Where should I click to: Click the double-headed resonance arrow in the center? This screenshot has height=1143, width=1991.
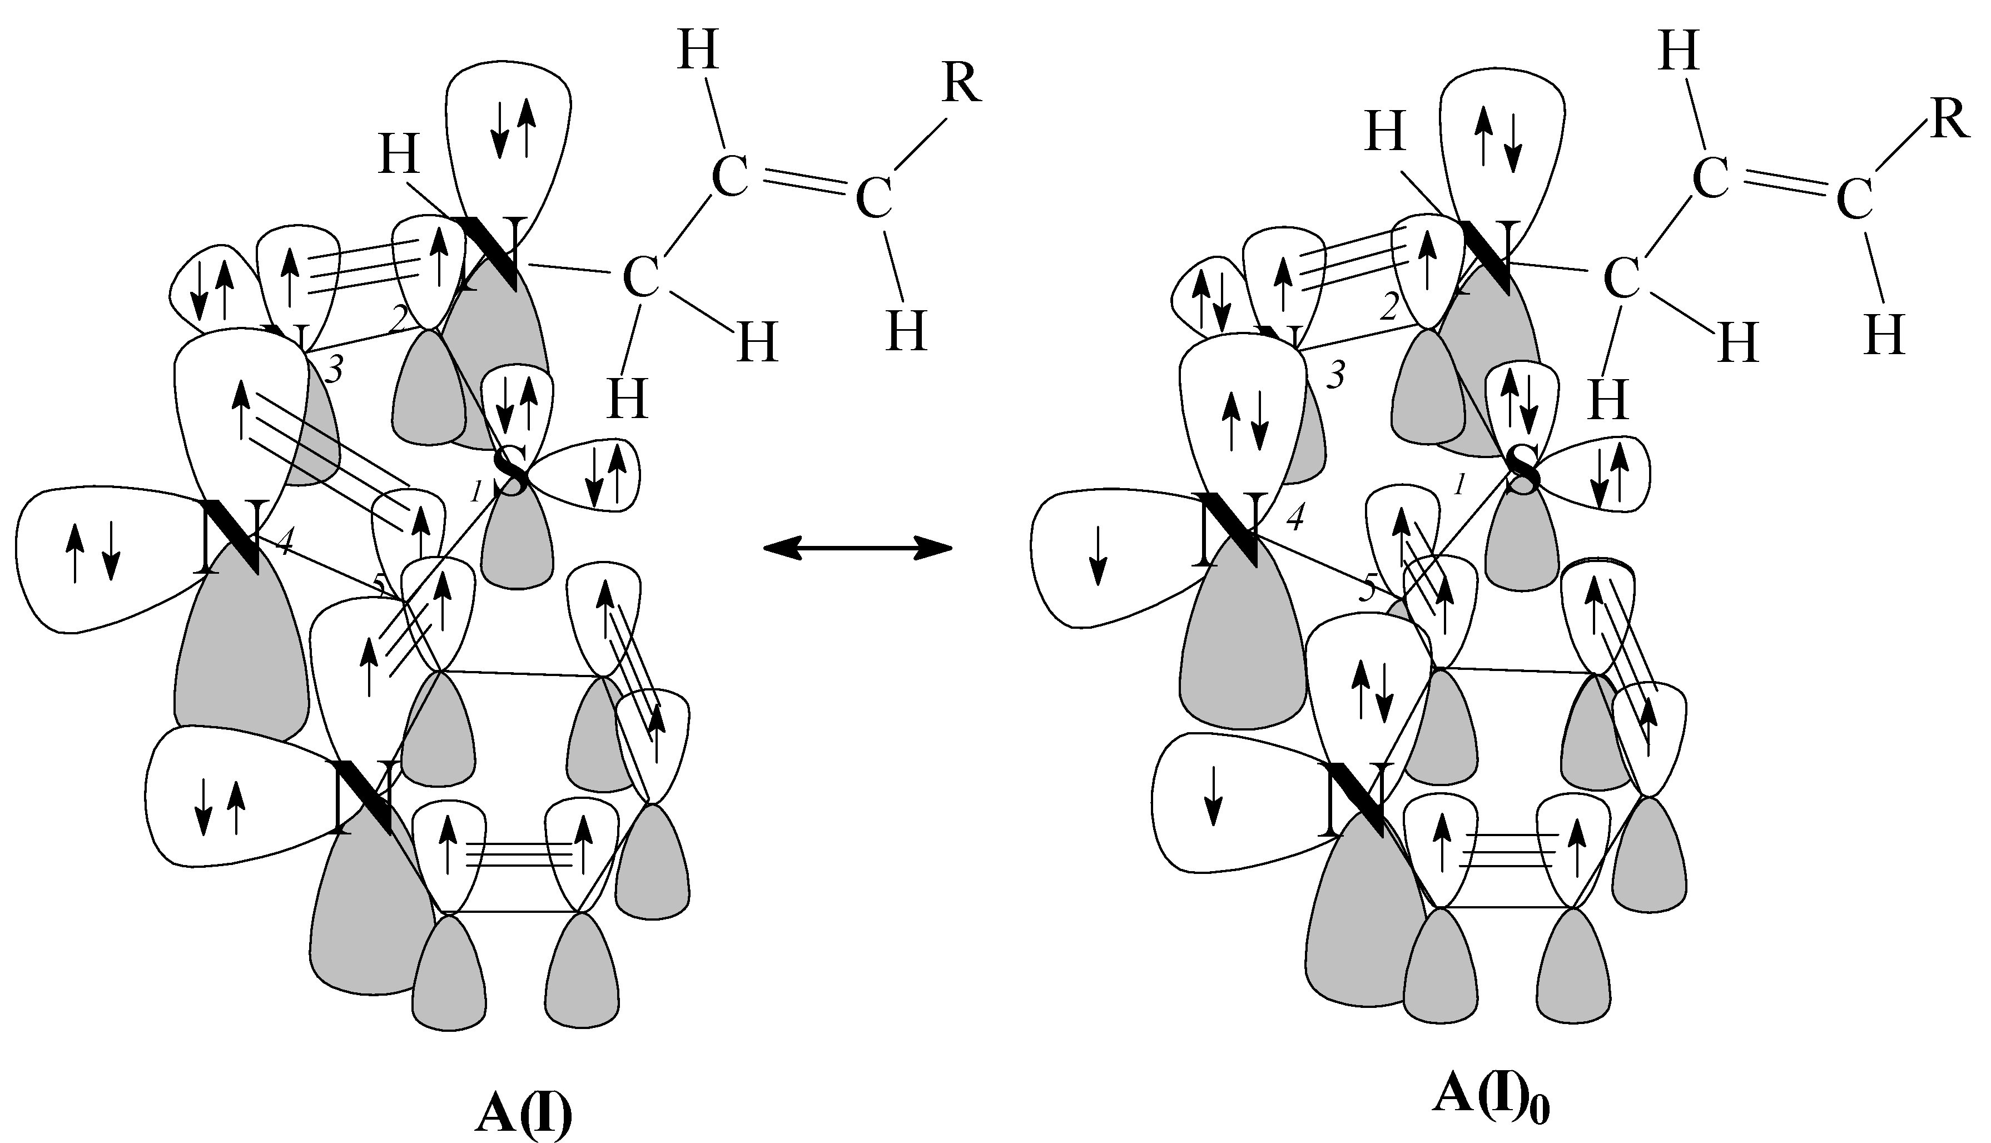[x=857, y=548]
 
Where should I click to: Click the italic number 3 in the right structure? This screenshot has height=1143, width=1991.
[x=1335, y=376]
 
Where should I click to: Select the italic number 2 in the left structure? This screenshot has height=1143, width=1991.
[x=399, y=319]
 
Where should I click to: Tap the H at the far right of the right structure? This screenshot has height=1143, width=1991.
[x=1884, y=335]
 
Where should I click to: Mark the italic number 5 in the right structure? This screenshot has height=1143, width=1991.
[x=1368, y=589]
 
